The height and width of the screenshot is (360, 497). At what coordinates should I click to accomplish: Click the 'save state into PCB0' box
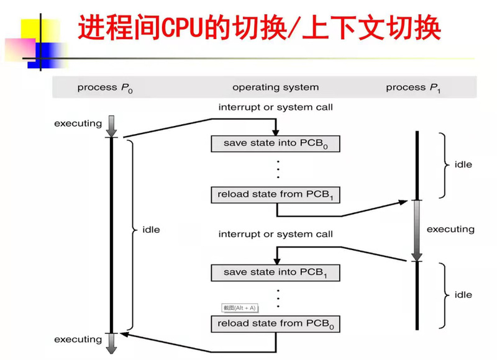(276, 143)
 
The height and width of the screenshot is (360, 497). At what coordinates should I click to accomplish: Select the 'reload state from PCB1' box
(276, 194)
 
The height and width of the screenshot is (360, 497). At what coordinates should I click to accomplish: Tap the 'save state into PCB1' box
(276, 272)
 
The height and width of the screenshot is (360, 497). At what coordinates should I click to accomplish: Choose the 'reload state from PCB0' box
(276, 323)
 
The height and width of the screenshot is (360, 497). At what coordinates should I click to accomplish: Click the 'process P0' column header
(105, 88)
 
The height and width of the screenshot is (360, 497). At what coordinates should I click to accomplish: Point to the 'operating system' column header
(275, 88)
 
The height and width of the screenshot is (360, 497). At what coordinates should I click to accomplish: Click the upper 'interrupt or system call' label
(275, 107)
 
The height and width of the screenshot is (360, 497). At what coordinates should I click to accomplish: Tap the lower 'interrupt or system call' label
(275, 234)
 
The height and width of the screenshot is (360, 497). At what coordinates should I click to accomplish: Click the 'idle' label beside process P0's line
(151, 230)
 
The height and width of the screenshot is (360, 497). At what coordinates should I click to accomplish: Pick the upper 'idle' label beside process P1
(463, 164)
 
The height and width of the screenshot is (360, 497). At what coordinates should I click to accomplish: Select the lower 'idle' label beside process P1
(463, 295)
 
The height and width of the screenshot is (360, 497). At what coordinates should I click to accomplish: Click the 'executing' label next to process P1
(450, 229)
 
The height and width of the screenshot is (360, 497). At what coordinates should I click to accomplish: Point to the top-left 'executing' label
(78, 123)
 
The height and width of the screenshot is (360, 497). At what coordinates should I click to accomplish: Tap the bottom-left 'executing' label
(78, 340)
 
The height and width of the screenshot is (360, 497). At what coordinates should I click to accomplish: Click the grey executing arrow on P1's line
(417, 230)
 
